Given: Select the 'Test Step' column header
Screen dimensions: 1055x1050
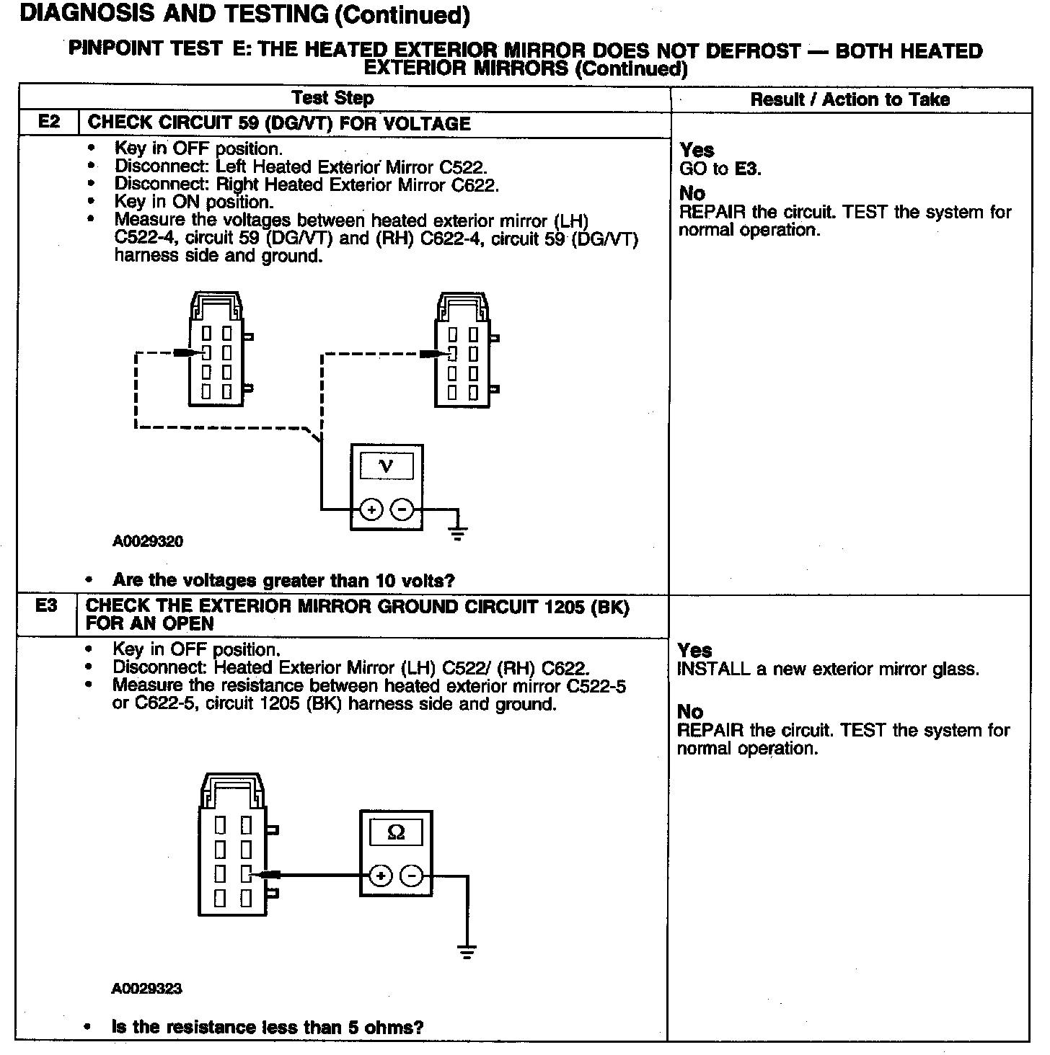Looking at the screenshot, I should [x=332, y=98].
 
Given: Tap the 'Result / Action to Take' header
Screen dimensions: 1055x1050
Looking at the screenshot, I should [x=850, y=99].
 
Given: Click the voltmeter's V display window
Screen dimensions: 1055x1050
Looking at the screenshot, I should [x=387, y=466].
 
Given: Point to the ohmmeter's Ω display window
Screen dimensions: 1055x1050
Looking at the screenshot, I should [x=396, y=833].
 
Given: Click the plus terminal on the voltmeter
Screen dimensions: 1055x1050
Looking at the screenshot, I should [x=371, y=510].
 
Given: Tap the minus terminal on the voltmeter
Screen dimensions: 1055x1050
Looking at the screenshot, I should [x=402, y=510].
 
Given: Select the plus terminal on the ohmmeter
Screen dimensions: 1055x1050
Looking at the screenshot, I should [x=381, y=876].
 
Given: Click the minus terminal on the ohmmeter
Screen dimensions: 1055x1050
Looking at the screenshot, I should [x=412, y=876].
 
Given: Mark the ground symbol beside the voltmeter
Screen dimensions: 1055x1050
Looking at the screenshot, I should [x=457, y=533].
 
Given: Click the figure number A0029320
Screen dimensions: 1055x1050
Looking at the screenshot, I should [x=148, y=541].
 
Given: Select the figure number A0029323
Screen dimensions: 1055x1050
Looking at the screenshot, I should [x=146, y=989].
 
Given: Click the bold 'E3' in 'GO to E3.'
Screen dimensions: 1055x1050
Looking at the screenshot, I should [x=747, y=169].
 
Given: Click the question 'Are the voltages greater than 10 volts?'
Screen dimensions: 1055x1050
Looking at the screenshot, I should [x=284, y=580].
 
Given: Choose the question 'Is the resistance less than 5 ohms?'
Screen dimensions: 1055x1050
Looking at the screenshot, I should [x=268, y=1027].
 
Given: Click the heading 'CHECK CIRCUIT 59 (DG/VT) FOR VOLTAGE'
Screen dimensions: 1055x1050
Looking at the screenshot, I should [x=278, y=123].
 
